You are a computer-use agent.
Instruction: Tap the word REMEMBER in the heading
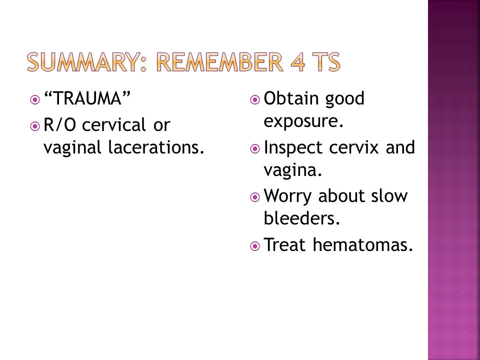219,62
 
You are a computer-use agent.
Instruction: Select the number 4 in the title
298,62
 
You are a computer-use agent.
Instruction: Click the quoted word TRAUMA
87,98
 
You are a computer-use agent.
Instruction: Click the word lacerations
156,147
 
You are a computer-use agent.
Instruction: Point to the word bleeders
302,218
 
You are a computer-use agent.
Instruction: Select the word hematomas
363,244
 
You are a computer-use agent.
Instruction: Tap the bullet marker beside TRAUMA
35,100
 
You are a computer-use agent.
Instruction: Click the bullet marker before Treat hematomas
254,246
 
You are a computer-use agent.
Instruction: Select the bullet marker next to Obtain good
254,100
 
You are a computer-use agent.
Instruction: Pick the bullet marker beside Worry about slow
254,197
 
